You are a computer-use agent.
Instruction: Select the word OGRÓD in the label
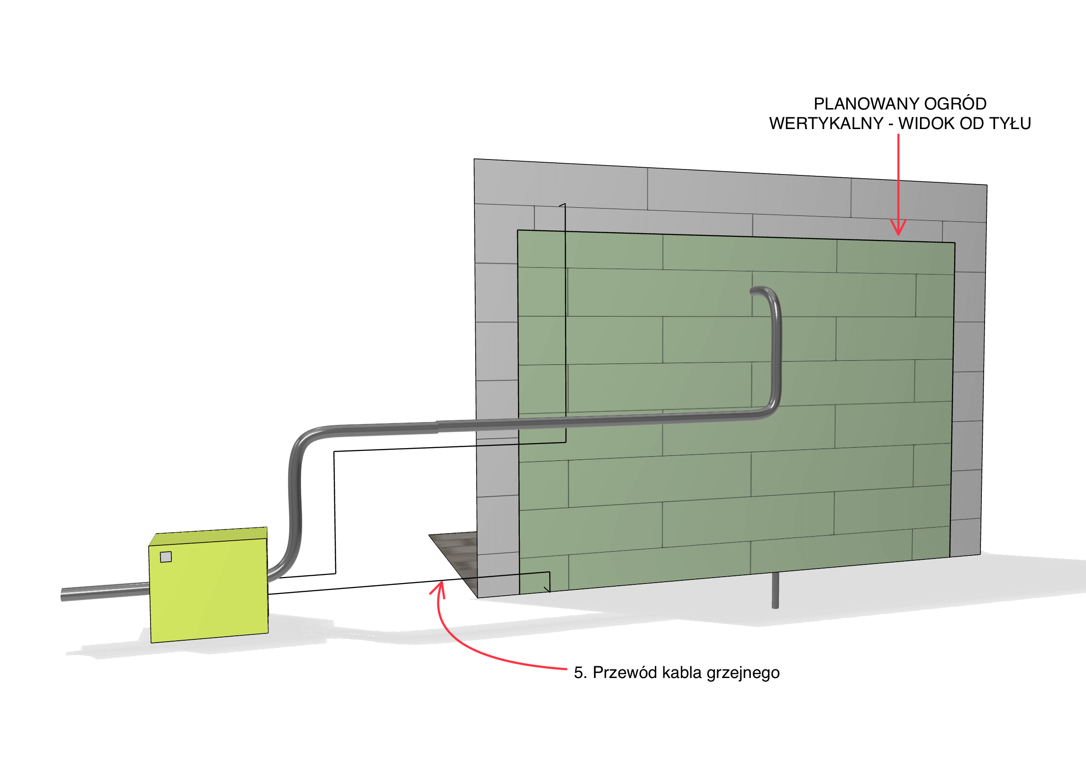pos(955,104)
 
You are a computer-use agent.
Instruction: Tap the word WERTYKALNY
pos(826,124)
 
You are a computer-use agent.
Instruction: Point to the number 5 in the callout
pos(578,673)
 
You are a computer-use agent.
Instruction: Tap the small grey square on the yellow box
pos(166,557)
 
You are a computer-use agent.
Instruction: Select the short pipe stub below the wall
pos(775,591)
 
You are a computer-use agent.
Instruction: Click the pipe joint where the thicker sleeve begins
pos(437,427)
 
